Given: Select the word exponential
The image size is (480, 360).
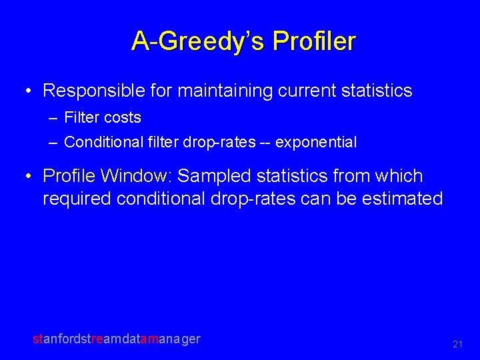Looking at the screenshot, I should click(x=316, y=143).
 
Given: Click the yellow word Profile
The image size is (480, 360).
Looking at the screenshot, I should click(x=69, y=176).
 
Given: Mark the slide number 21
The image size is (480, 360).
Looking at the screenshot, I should click(x=457, y=344).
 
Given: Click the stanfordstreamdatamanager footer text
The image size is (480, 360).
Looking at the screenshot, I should click(x=117, y=339).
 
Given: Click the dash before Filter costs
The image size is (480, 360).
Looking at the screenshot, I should click(x=53, y=118).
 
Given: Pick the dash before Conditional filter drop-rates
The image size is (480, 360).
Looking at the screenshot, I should click(x=53, y=143).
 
